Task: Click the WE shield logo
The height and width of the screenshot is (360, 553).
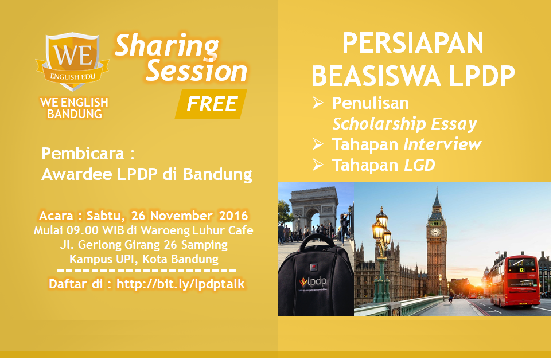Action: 73,61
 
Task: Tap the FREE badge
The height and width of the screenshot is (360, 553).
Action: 211,104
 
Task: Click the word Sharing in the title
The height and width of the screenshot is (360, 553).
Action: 167,46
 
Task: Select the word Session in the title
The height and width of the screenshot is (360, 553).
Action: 196,72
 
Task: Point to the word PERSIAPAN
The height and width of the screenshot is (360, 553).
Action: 413,44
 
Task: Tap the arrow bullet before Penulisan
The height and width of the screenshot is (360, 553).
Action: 318,103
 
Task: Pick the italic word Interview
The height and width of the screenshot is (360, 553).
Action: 442,144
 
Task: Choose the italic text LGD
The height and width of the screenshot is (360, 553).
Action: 419,165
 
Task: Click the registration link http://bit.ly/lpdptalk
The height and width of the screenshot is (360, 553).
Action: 181,284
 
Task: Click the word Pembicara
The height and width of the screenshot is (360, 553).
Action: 83,154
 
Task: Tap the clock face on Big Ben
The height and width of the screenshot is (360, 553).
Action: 435,232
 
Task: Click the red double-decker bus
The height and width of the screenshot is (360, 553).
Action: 515,281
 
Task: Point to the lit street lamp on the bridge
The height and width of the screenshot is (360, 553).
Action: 380,253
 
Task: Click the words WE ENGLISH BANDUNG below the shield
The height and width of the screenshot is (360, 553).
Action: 75,108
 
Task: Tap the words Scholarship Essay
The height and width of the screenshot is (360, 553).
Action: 405,124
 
